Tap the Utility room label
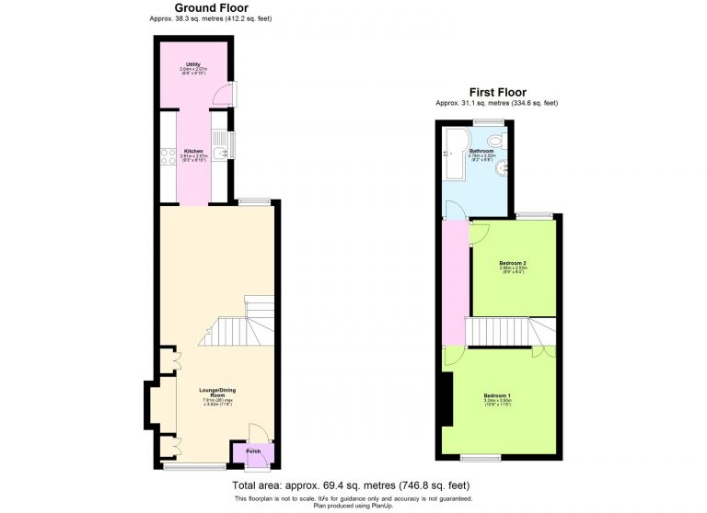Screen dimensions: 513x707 [192, 65]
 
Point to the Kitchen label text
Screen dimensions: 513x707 [193, 151]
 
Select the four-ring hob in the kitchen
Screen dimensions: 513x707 [168, 156]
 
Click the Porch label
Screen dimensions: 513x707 [239, 451]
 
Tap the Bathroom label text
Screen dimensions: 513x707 [481, 151]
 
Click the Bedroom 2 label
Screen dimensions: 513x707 [513, 263]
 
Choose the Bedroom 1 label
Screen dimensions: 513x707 [497, 395]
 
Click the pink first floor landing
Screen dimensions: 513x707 [455, 285]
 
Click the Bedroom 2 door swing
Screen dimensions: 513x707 [479, 232]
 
